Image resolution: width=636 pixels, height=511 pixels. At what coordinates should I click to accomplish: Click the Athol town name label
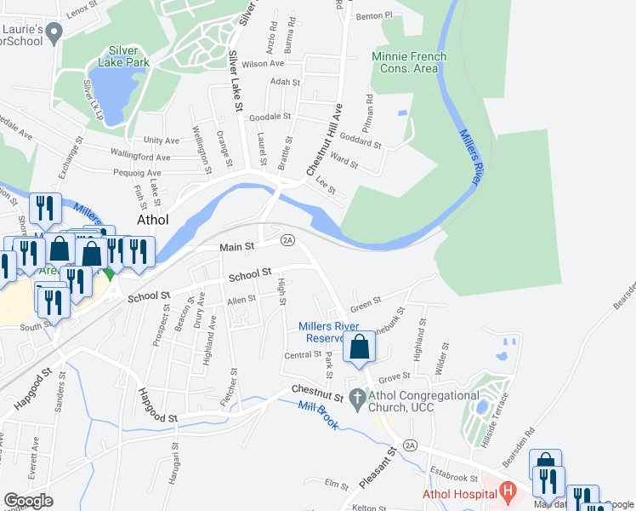tap(153, 219)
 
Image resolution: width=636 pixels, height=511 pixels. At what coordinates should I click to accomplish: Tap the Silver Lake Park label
tap(124, 56)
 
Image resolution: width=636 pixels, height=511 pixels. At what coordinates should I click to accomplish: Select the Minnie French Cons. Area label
tap(409, 63)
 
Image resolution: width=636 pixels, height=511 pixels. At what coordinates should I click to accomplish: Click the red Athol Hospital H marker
tap(508, 491)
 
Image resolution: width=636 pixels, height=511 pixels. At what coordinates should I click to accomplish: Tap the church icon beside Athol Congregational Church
tap(358, 398)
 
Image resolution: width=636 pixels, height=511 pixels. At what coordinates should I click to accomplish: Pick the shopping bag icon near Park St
tap(360, 347)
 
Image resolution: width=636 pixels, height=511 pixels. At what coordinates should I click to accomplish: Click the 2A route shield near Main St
tap(287, 240)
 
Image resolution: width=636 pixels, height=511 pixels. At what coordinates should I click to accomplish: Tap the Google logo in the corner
tap(29, 500)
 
